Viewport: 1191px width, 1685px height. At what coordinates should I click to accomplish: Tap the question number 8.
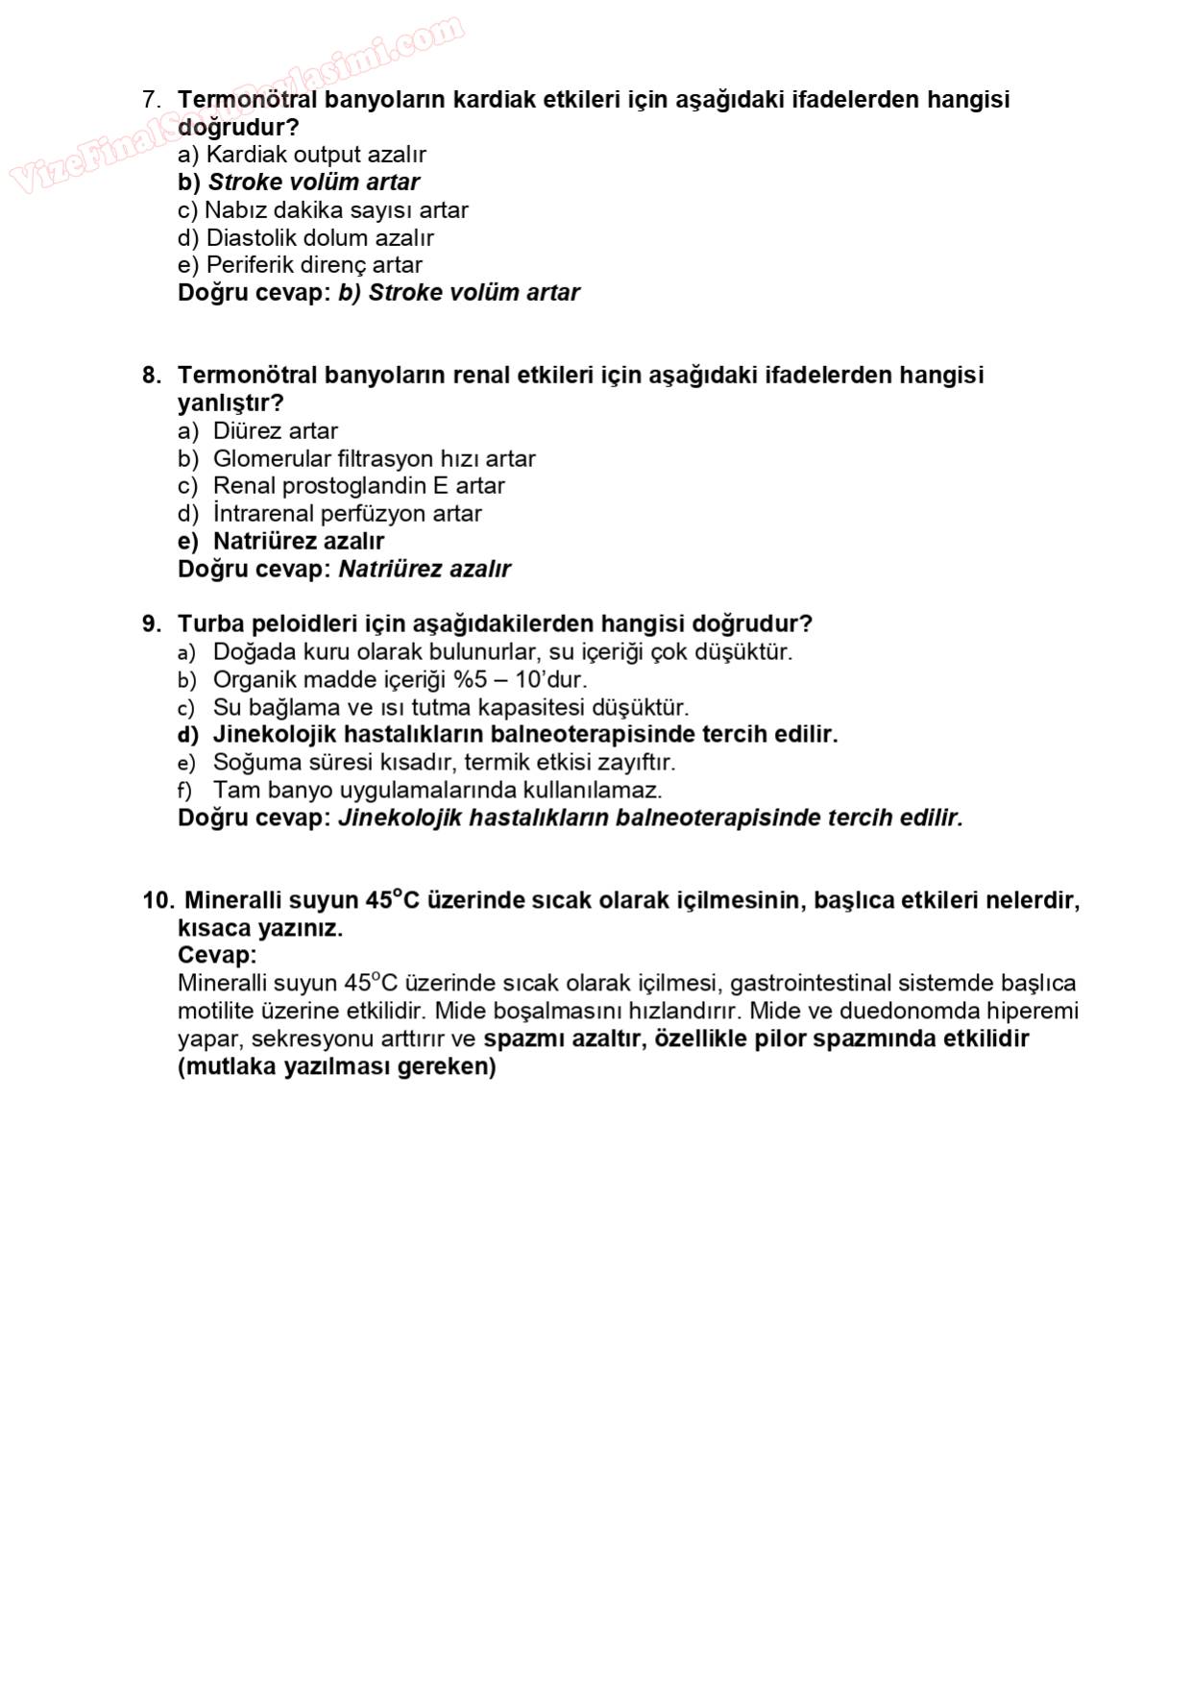[151, 376]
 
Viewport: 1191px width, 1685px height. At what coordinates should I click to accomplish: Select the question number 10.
[158, 901]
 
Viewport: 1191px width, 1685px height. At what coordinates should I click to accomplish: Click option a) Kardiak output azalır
[302, 155]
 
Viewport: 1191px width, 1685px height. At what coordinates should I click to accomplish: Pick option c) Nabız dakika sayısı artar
[323, 210]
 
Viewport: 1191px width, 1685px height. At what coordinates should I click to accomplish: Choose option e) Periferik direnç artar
[300, 265]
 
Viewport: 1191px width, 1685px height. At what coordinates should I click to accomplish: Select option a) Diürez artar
[257, 431]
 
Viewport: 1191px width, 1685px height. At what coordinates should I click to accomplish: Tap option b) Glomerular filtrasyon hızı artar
[356, 459]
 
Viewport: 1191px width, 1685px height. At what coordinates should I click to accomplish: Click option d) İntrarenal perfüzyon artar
[329, 514]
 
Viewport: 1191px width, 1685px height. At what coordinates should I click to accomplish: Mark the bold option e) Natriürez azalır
[280, 542]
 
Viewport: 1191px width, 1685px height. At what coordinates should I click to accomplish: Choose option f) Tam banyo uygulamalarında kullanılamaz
[420, 791]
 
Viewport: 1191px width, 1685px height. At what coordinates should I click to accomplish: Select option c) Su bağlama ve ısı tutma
[433, 708]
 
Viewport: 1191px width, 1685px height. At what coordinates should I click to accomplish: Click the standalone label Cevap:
[217, 956]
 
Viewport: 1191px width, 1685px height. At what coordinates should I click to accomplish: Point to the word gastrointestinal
[811, 984]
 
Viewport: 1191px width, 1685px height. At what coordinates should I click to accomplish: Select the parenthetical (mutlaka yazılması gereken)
[336, 1067]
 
